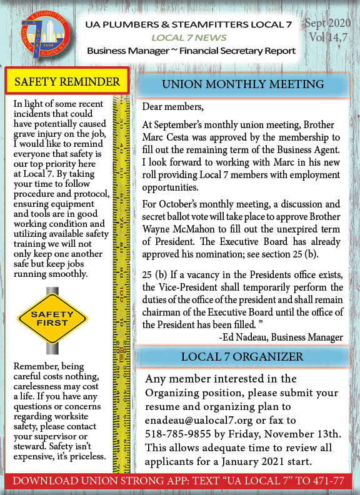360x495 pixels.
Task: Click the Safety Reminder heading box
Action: click(67, 82)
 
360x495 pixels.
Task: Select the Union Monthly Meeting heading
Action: click(242, 84)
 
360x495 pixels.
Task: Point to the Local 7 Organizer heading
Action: click(242, 357)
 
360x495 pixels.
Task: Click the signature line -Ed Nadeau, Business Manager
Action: click(281, 337)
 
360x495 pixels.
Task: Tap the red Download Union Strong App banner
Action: click(180, 481)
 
